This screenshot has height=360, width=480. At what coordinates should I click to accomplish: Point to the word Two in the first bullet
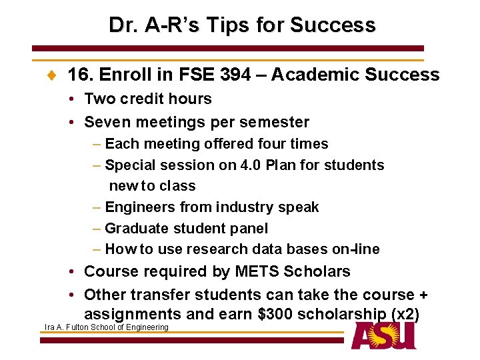click(x=100, y=99)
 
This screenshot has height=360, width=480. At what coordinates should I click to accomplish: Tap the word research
click(x=219, y=249)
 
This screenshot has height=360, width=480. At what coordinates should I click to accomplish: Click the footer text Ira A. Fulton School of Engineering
click(x=106, y=327)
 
